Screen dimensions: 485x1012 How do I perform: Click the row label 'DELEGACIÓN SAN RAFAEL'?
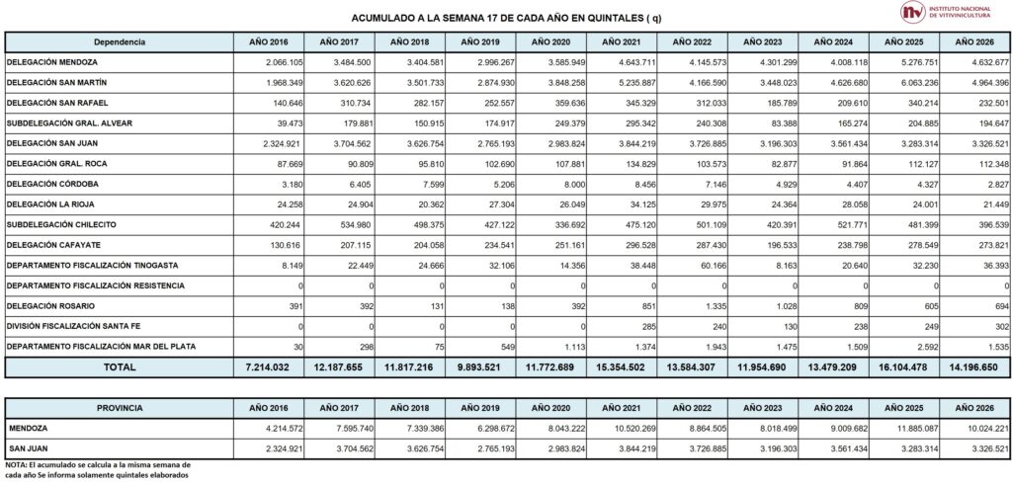(53, 103)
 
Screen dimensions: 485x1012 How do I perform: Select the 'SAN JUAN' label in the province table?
(30, 449)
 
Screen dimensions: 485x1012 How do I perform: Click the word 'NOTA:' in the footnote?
(16, 464)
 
